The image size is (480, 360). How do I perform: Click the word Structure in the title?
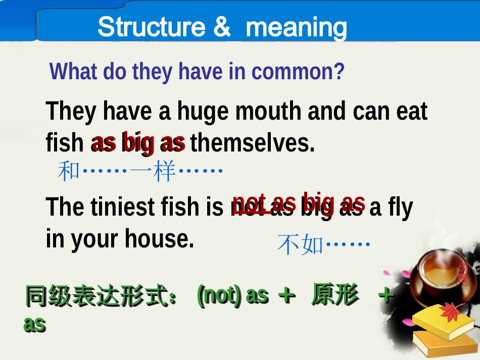[151, 27]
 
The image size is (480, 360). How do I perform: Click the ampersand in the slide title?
[222, 27]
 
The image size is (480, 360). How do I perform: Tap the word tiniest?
[125, 208]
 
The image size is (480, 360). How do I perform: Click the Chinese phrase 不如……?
[323, 245]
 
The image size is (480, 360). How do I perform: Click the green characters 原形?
[335, 295]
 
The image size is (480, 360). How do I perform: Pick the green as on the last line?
[34, 324]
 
